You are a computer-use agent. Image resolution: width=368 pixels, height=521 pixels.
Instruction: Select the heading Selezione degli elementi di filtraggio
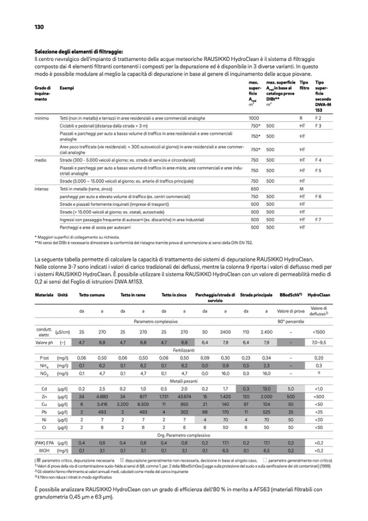pos(79,51)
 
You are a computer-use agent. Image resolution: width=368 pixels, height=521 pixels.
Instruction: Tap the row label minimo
pos(42,118)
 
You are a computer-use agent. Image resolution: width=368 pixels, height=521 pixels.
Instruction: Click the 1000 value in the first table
pos(254,118)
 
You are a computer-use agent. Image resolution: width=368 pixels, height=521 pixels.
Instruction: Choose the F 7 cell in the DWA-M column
pos(318,219)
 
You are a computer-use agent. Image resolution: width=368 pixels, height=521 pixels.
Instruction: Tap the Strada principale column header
pos(256,294)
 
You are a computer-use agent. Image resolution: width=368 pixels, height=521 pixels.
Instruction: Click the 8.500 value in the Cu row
pos(143,405)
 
